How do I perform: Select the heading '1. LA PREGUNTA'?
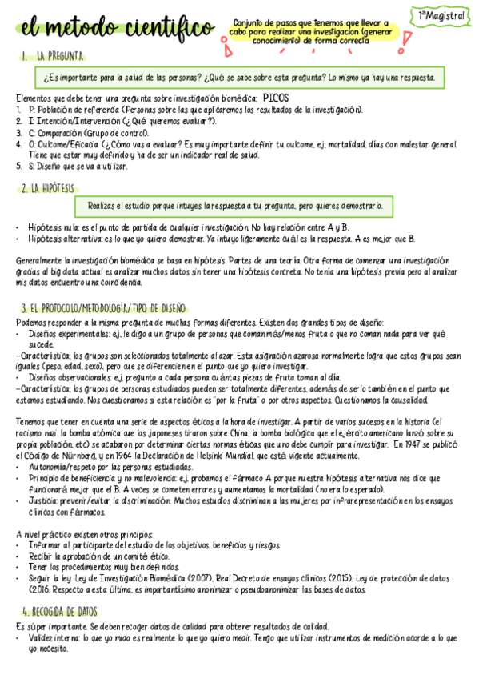(x=54, y=57)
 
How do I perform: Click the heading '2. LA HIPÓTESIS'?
(x=48, y=188)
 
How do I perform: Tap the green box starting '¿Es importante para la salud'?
(x=240, y=78)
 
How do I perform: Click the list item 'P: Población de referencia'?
(x=184, y=108)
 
